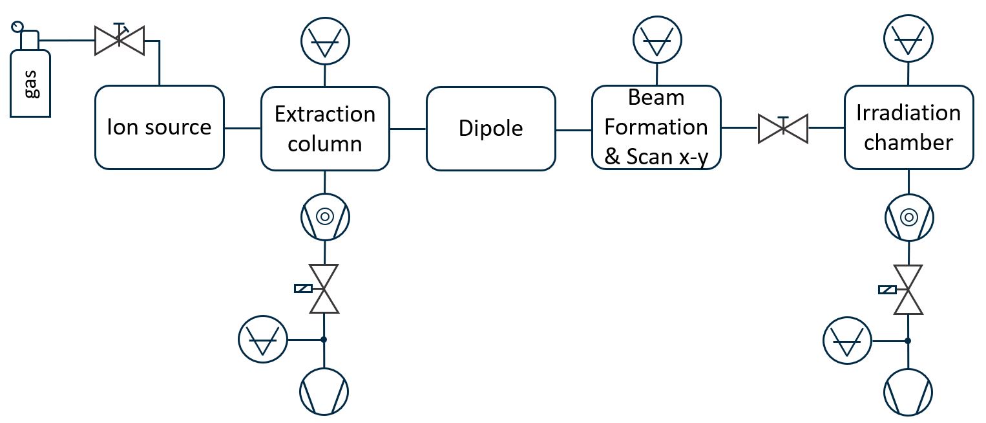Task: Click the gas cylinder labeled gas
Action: (30, 81)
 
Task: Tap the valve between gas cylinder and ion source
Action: (120, 41)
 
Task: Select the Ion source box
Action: (159, 127)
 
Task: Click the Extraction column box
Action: (325, 128)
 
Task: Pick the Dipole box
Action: (490, 128)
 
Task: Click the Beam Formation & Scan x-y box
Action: (656, 127)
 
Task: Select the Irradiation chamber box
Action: (908, 127)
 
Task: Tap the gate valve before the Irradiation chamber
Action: (782, 128)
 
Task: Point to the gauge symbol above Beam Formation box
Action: (657, 39)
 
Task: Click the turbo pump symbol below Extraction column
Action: (325, 217)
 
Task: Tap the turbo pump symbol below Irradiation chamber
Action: (908, 217)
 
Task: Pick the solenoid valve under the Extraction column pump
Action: (324, 288)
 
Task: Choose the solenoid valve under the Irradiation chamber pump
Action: (908, 289)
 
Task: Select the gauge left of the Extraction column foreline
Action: (262, 339)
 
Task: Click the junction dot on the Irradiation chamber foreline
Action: (908, 340)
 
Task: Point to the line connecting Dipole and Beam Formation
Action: (573, 130)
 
